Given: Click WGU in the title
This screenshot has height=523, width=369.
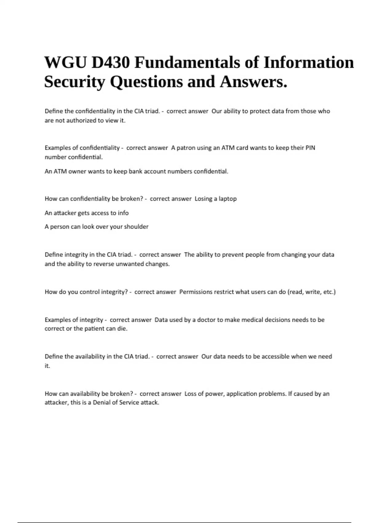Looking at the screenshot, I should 65,62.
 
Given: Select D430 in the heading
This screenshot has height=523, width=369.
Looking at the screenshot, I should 110,62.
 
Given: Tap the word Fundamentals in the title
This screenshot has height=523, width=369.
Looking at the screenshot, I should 187,62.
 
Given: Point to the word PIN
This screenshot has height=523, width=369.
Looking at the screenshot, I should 310,148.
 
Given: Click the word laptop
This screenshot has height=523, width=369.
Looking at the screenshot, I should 228,199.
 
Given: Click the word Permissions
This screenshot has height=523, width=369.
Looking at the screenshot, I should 196,292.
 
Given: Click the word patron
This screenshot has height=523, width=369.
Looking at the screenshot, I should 186,148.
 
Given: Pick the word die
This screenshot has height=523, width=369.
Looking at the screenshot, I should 122,329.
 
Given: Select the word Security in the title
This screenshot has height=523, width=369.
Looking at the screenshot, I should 75,82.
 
